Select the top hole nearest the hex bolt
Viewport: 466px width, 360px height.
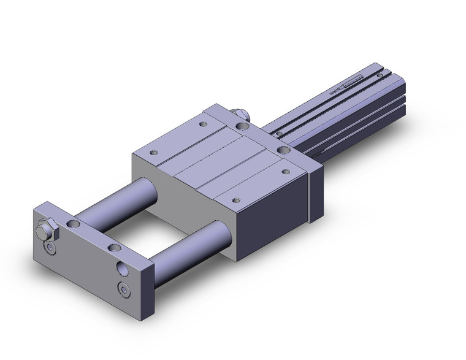[75, 223]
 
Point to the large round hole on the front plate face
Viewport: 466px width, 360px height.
[122, 268]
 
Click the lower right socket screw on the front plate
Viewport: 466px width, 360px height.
[126, 290]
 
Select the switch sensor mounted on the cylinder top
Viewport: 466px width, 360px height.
[354, 82]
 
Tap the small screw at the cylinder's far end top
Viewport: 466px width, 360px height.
[384, 73]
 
